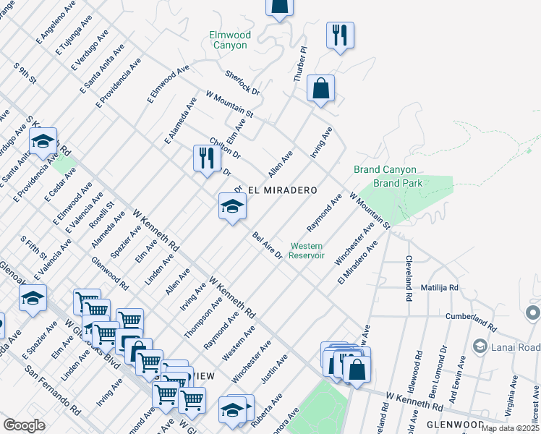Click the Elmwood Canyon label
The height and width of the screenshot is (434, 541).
(229, 40)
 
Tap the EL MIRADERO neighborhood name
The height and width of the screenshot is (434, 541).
(283, 190)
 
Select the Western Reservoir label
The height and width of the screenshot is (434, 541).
(307, 251)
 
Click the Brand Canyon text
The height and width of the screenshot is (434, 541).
(385, 170)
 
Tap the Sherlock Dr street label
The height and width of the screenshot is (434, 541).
(242, 82)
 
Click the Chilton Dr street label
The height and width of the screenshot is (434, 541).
(224, 148)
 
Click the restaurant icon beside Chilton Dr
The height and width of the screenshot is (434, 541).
(207, 158)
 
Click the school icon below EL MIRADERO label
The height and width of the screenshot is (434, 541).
(233, 207)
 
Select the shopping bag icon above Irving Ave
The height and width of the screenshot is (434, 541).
(320, 89)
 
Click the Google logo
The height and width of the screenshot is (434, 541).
(24, 425)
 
